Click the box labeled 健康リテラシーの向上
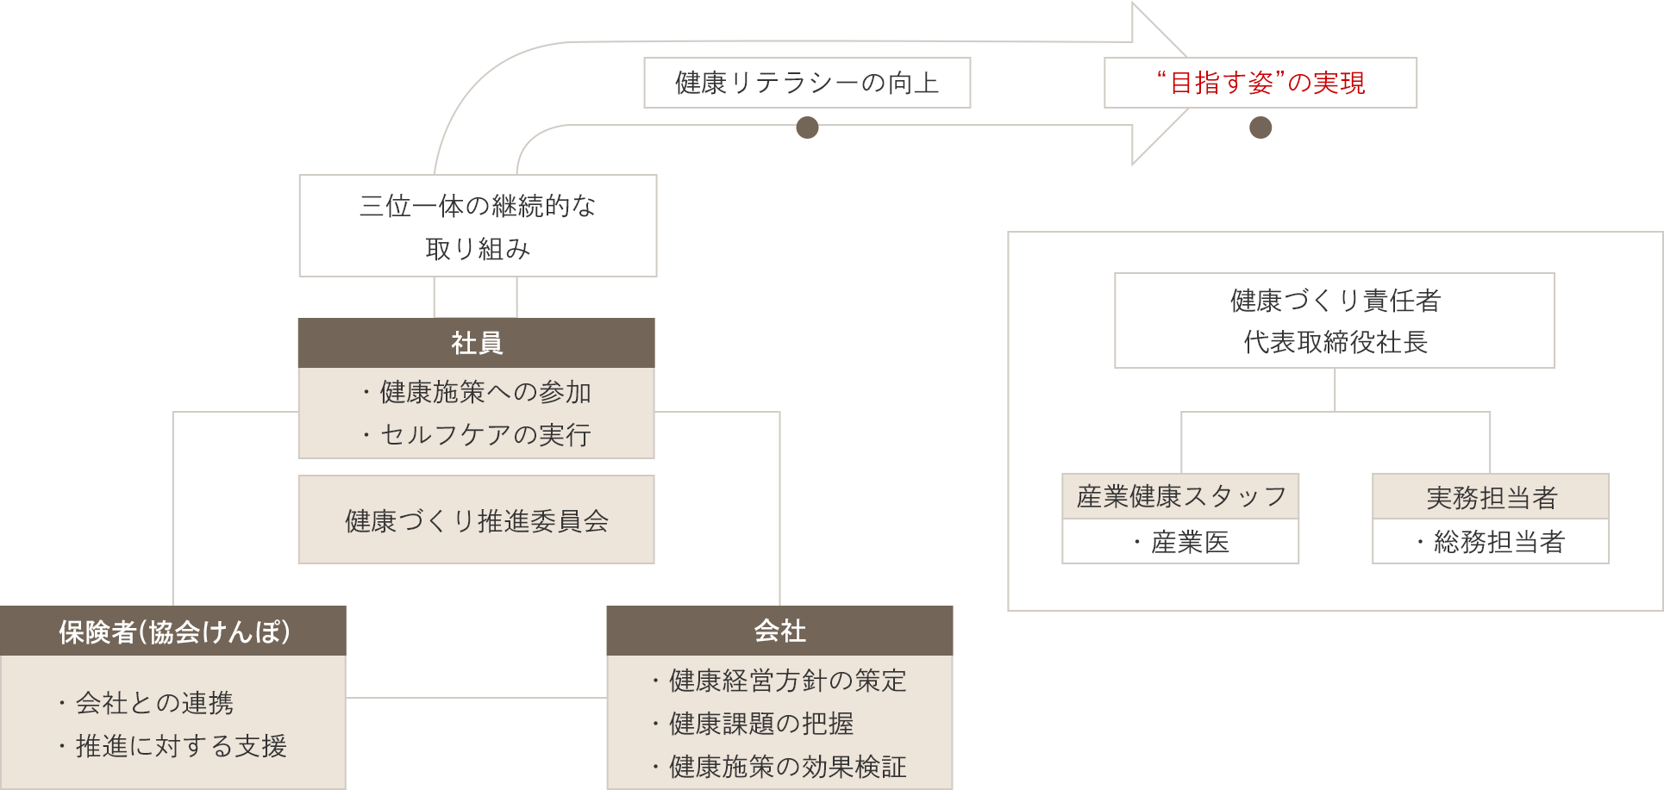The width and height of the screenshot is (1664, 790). (x=806, y=83)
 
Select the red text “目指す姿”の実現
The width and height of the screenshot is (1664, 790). (x=1261, y=83)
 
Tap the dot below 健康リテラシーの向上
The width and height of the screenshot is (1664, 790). (x=807, y=128)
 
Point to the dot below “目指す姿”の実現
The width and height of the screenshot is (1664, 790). (x=1261, y=128)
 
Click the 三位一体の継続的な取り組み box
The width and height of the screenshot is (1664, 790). (x=478, y=226)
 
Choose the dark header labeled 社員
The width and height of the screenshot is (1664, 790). (x=476, y=343)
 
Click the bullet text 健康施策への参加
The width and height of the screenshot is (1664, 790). (x=485, y=392)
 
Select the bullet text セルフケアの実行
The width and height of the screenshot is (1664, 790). (x=485, y=435)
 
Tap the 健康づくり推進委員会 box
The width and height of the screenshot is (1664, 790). (x=476, y=520)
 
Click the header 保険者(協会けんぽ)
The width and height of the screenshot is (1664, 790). (x=173, y=631)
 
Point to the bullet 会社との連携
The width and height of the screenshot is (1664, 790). (x=154, y=703)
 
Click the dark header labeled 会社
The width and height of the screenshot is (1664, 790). (x=779, y=631)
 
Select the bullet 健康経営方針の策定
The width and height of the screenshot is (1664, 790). (x=787, y=681)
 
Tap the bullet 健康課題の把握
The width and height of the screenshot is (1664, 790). (x=760, y=724)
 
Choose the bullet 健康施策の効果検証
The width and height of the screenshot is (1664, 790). (x=787, y=767)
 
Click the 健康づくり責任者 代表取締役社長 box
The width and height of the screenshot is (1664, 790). (x=1335, y=320)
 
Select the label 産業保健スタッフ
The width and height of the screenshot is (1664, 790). (x=1180, y=496)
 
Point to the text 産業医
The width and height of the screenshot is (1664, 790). (x=1190, y=542)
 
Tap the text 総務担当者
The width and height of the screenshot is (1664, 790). (x=1498, y=542)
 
